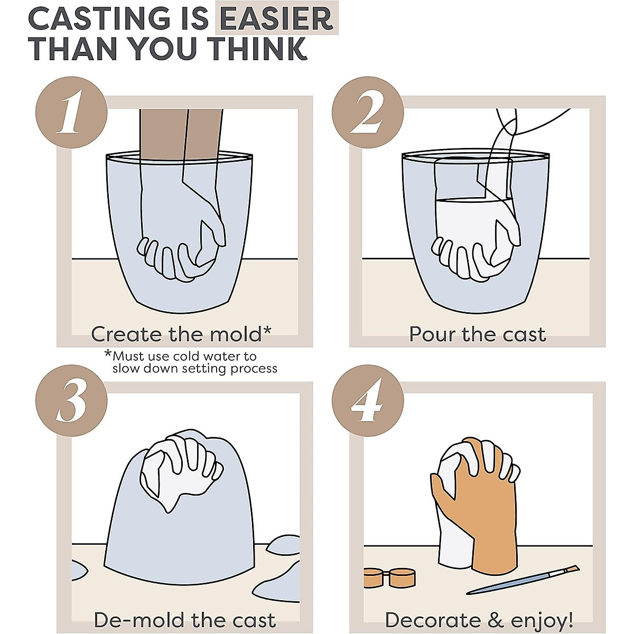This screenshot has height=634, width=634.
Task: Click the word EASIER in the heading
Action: [276, 18]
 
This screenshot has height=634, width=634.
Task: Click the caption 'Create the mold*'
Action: [181, 334]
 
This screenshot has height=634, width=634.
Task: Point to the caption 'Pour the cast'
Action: [477, 334]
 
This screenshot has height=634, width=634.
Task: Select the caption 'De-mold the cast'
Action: [184, 620]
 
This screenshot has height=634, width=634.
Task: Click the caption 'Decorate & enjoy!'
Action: [479, 620]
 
